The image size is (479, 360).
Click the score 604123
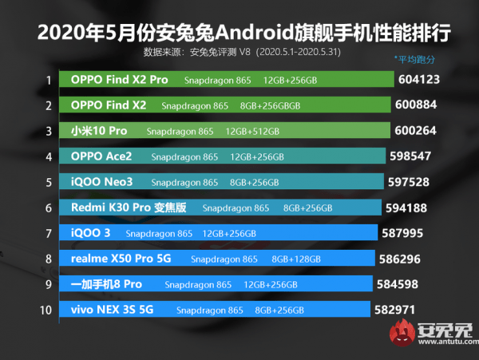coord(425,80)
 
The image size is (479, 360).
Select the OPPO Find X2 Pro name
coord(120,80)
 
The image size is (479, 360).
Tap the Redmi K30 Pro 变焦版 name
coord(128,208)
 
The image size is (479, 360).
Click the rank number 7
coord(49,233)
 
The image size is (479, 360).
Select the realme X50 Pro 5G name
coord(121,259)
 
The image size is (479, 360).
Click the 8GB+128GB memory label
coord(296,259)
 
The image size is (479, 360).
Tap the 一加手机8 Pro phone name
coord(106,284)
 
